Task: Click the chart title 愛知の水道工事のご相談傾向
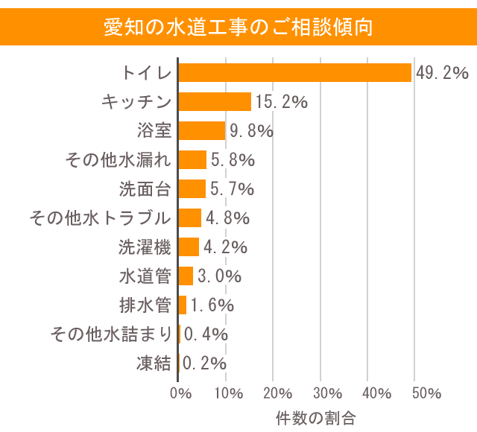coord(238,28)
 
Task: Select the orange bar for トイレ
coord(294,72)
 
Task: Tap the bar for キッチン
coord(215,101)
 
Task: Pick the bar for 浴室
coord(202,130)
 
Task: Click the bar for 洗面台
coord(192,188)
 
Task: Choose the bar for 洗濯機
coord(189,247)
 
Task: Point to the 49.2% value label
coord(441,72)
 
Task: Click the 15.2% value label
coord(281,101)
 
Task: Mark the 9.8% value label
coord(251,130)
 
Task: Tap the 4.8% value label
coord(227,217)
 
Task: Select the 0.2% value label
coord(205,363)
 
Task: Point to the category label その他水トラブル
coord(101,217)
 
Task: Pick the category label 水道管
coord(145,276)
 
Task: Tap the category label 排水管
coord(145,305)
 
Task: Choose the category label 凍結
coord(154,363)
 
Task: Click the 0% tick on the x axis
coord(180,393)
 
